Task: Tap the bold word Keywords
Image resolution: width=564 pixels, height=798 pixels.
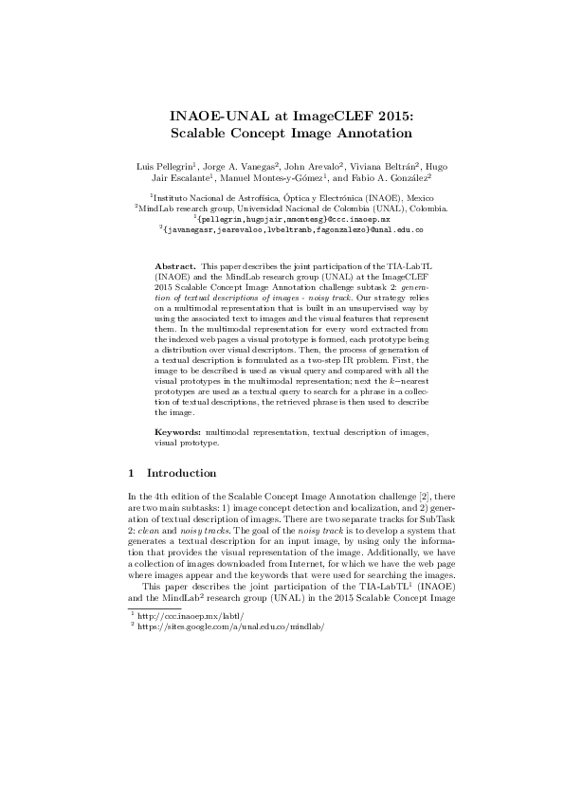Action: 177,431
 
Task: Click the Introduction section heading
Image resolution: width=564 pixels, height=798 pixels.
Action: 182,473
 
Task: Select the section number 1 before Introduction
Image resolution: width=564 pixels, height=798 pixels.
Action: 130,473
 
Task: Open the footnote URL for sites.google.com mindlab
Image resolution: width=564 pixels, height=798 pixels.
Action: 224,627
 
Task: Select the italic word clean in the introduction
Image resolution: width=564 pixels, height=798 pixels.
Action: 145,531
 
